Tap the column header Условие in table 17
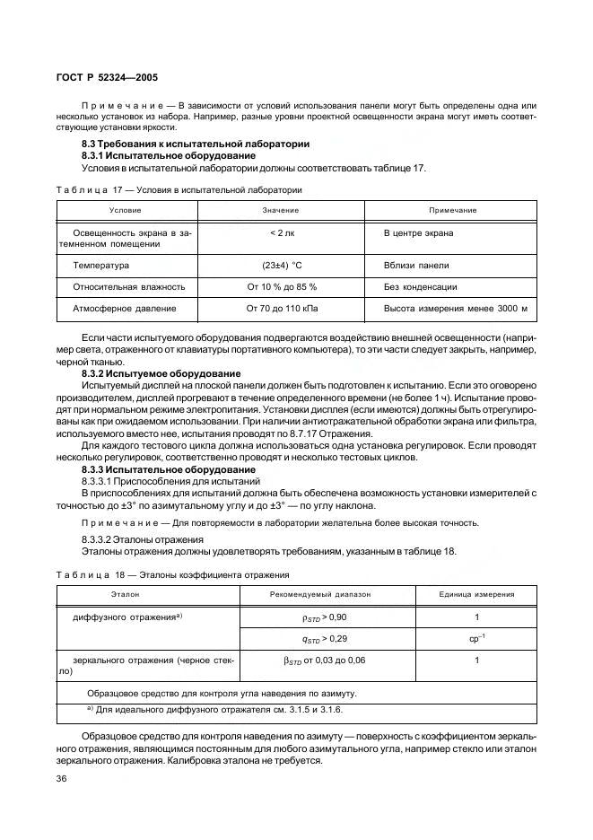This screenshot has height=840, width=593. point(125,210)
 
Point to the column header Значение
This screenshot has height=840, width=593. point(281,210)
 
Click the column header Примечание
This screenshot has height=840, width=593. point(452,210)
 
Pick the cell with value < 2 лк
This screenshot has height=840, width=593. point(281,233)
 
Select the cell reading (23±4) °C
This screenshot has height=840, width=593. point(281,266)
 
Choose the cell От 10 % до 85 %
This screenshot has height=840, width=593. point(281,287)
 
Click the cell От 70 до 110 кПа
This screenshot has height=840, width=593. point(281,309)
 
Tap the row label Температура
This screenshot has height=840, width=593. point(100,266)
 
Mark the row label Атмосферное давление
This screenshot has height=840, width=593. point(124,309)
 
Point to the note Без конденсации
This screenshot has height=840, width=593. point(420,287)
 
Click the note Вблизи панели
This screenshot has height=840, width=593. point(416,266)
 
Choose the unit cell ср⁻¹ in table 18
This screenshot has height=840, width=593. point(476,639)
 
